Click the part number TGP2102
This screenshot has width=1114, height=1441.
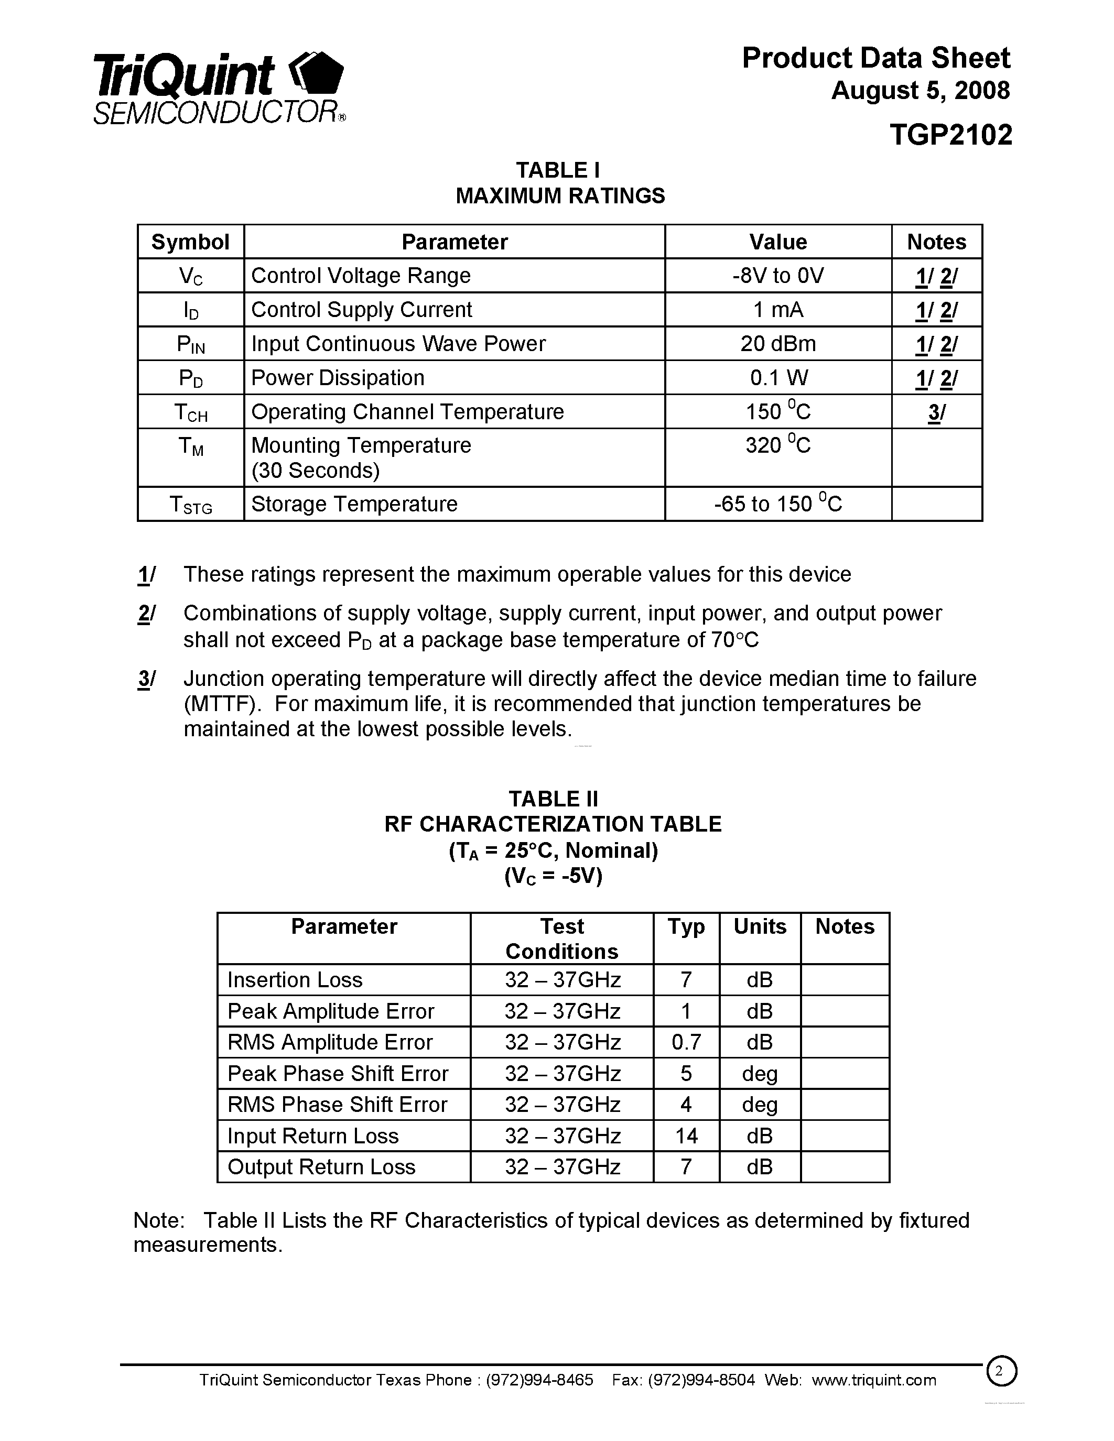[950, 135]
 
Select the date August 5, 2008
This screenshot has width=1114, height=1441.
[920, 91]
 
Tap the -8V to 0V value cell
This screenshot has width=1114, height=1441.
[777, 276]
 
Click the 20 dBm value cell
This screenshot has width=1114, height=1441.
[777, 344]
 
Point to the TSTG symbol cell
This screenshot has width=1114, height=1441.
[191, 505]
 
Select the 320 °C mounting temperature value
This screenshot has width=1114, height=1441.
[777, 446]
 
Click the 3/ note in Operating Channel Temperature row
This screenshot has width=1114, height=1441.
[936, 412]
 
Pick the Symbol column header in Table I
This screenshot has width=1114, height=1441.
[190, 242]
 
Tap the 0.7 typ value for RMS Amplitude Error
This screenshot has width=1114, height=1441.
[686, 1042]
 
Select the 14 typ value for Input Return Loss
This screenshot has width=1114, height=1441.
[686, 1136]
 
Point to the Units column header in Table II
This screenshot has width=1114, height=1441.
[760, 927]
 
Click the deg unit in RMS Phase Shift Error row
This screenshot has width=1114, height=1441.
[760, 1105]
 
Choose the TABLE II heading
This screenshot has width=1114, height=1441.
[553, 799]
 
